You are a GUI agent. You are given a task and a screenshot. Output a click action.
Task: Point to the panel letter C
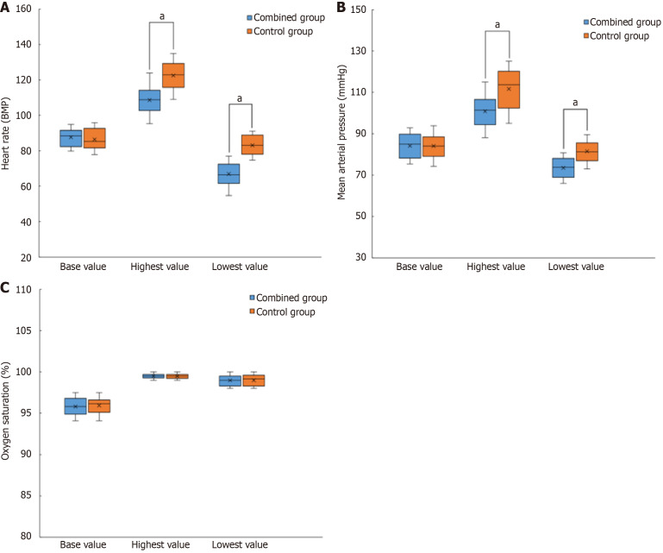[x=7, y=287]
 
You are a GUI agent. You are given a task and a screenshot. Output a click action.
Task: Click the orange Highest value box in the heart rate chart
[x=173, y=75]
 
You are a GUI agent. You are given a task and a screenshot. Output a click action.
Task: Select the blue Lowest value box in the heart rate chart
[x=228, y=173]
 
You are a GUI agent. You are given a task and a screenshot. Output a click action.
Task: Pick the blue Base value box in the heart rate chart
[x=71, y=138]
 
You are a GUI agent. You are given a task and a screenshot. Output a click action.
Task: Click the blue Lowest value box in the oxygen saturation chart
[x=229, y=380]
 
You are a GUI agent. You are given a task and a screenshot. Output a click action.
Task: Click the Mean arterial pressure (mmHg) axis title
[x=341, y=134]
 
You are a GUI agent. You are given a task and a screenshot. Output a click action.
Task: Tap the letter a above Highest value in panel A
[x=161, y=16]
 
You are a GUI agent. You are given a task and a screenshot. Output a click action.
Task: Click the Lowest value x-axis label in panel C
[x=241, y=546]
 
